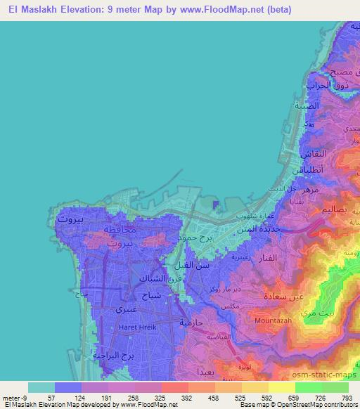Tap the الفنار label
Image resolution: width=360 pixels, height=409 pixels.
[263, 258]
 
